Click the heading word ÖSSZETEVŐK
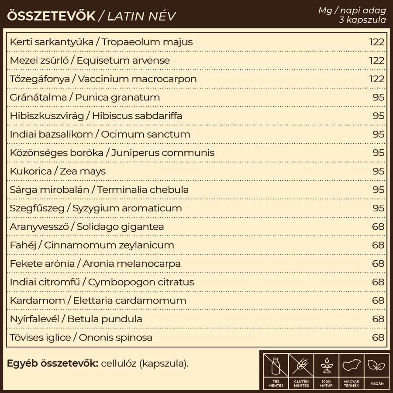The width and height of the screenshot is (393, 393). click(x=51, y=16)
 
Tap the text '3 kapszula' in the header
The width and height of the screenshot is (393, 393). click(x=362, y=20)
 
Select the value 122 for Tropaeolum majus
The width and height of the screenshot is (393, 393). click(x=376, y=42)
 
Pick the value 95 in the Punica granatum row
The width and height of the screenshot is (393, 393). click(x=379, y=97)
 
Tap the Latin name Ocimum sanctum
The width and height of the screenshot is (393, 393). click(x=145, y=134)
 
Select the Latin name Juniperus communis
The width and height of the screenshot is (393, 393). click(x=163, y=153)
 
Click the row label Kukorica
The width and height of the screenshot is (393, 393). click(x=31, y=171)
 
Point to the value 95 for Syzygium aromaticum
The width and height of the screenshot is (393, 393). click(x=379, y=208)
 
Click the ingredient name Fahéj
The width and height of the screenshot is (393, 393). click(x=23, y=245)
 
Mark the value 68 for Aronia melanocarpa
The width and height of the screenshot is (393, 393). click(x=378, y=263)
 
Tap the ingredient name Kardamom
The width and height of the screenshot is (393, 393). click(x=37, y=300)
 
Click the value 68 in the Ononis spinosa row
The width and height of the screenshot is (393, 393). click(x=378, y=337)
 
